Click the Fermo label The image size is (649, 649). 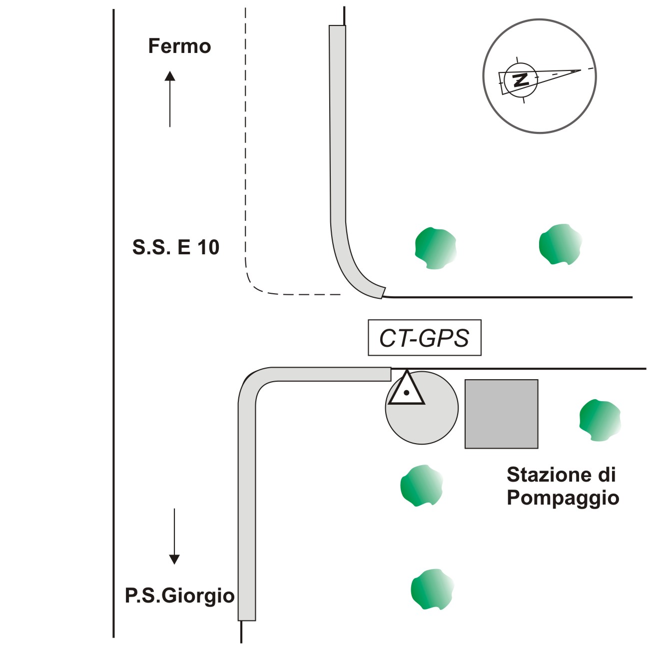point(179,46)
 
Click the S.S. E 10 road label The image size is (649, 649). point(175,247)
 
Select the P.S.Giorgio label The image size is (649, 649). point(179,596)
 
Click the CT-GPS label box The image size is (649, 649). point(424,338)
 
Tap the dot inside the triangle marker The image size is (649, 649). point(407,393)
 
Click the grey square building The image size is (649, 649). point(501,414)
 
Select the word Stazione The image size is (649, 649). point(546,474)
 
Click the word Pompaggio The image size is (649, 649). point(563,498)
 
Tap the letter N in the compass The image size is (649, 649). point(521,79)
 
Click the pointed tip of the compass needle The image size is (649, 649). point(580,70)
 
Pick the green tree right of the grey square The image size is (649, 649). point(600,420)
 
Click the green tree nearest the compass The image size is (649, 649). point(561,244)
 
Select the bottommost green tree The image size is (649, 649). point(432,589)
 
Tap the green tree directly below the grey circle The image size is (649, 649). point(421,485)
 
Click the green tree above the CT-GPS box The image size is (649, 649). point(436,248)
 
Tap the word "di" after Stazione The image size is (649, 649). point(607,474)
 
